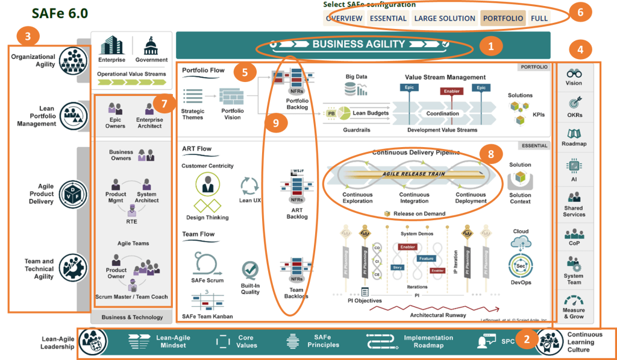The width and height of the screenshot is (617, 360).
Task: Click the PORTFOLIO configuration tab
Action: [503, 18]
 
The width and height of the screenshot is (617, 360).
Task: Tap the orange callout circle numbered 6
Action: [580, 12]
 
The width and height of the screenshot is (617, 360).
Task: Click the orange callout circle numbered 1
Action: [492, 46]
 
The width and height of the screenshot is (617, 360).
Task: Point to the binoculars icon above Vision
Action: [574, 73]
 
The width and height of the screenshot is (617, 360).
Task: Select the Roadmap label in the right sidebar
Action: [574, 144]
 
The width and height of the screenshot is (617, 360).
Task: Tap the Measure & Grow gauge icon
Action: [574, 299]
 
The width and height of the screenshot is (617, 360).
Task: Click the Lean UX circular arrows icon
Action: [249, 185]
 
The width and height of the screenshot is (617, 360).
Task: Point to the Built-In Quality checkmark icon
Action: [250, 270]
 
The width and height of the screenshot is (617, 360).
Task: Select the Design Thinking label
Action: [207, 217]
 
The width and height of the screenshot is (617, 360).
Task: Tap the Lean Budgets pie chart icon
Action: [343, 113]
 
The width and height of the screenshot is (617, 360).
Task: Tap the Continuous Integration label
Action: [415, 198]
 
